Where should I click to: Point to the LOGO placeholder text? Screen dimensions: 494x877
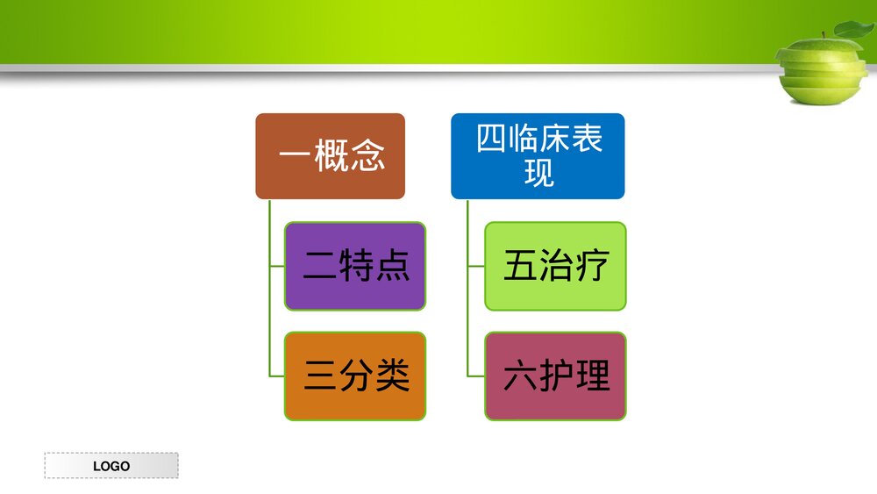pos(111,466)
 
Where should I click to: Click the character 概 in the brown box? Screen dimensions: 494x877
pos(333,156)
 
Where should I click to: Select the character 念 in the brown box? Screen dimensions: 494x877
pos(368,156)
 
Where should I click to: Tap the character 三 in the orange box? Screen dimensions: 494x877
pos(319,376)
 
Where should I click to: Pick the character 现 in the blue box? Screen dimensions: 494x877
pos(538,172)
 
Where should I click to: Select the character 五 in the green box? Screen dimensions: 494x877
pos(520,266)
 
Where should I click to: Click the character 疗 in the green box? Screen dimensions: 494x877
pos(591,266)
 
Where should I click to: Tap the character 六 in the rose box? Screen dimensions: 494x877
pos(520,376)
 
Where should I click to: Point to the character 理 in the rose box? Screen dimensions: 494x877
pos(592,376)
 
